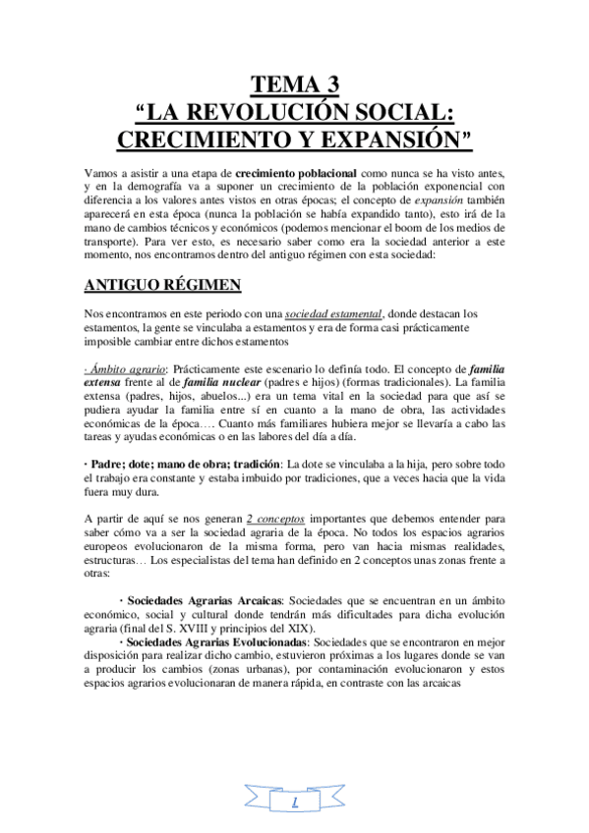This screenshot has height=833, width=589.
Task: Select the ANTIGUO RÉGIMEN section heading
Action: tap(162, 286)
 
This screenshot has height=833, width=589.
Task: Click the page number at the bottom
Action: tap(295, 805)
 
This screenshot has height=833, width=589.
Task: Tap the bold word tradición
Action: tap(251, 463)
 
